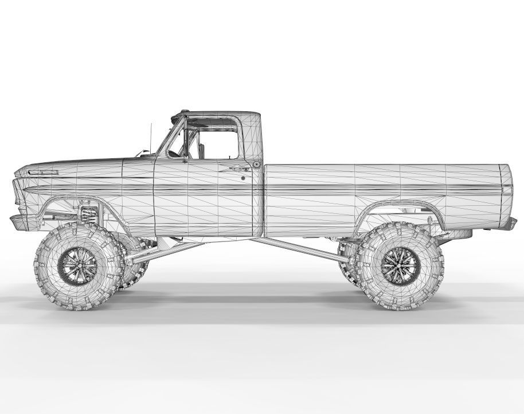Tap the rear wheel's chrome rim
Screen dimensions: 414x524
[393, 265]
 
